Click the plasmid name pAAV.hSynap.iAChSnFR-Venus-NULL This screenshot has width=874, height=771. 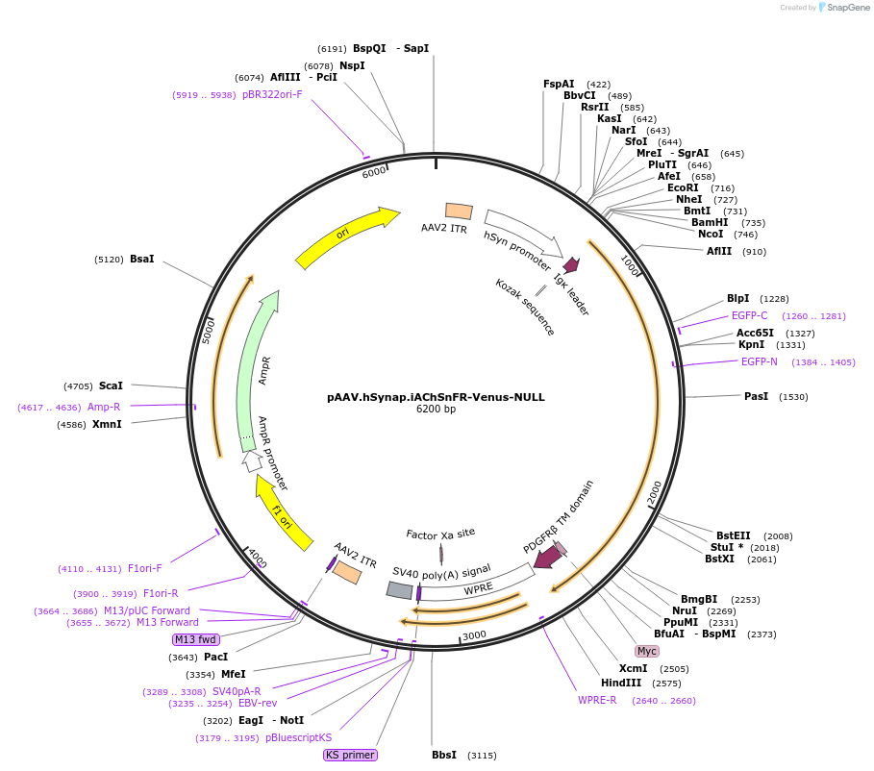[436, 396]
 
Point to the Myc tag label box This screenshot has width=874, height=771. [647, 651]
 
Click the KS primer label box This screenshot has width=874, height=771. [350, 755]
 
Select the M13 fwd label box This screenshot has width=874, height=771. [196, 639]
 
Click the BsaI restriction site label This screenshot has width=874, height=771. [142, 259]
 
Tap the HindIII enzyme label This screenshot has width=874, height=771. [621, 683]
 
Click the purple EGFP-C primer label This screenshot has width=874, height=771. [749, 315]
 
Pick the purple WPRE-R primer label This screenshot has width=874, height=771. [597, 700]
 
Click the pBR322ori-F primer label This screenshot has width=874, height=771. [272, 94]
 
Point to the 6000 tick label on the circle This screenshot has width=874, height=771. [374, 171]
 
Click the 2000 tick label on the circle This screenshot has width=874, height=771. [657, 489]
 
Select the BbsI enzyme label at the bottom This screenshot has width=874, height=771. [444, 755]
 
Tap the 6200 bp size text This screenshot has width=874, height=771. [436, 410]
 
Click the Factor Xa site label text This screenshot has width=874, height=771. [440, 533]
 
